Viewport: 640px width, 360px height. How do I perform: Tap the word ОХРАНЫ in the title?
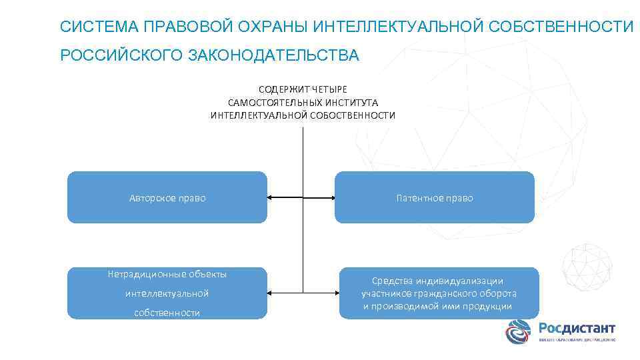click(x=271, y=27)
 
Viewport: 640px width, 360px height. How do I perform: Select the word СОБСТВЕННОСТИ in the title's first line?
click(x=561, y=27)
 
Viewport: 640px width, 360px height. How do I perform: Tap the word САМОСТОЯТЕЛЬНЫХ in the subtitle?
click(x=275, y=103)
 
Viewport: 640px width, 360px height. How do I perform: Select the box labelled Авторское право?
click(x=167, y=197)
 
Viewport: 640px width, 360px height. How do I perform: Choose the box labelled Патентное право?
click(x=434, y=197)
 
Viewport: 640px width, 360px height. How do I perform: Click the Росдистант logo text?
click(x=577, y=328)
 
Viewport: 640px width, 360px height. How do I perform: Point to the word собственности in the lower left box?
click(x=167, y=313)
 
